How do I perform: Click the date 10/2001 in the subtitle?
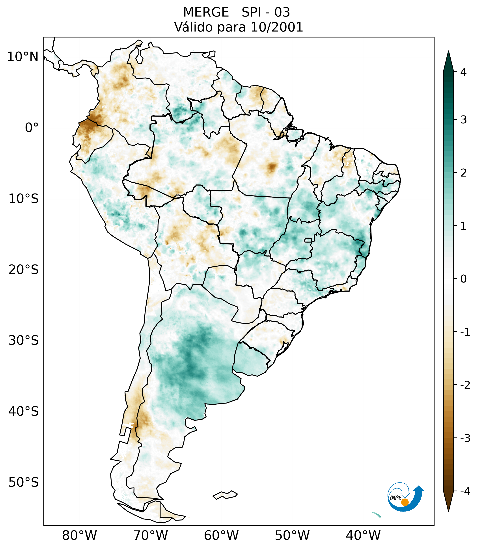coord(277,27)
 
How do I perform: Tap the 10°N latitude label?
coord(23,57)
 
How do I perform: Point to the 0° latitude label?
coord(32,128)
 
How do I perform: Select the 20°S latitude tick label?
coord(24,270)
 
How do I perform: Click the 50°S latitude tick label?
coord(24,483)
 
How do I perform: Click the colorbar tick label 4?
coord(463,72)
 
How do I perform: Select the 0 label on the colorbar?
coord(463,279)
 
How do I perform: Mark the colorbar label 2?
coord(463,173)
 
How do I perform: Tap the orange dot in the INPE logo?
coord(405,502)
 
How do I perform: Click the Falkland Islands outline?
coord(225,495)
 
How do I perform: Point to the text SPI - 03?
coord(266,12)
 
